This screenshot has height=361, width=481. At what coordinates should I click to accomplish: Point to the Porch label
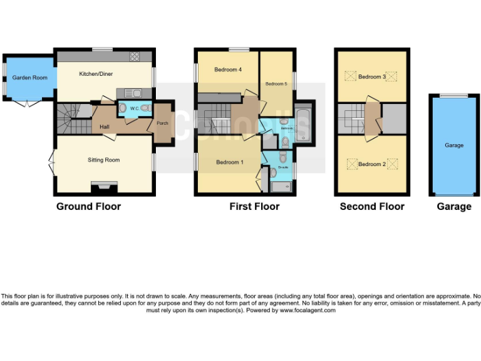[x=162, y=123]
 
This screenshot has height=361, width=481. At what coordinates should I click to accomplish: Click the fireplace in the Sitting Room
[x=103, y=186]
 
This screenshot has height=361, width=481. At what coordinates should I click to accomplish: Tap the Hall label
[x=105, y=127]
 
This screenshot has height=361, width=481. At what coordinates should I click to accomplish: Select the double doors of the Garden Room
[x=28, y=103]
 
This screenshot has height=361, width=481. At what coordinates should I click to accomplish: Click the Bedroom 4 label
[x=228, y=70]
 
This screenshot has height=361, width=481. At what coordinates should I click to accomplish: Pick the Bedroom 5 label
[x=276, y=84]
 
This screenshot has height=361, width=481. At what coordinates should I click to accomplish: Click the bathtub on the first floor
[x=304, y=124]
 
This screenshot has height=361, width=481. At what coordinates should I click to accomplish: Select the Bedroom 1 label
[x=229, y=162]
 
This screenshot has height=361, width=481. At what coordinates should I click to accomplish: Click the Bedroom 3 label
[x=371, y=77]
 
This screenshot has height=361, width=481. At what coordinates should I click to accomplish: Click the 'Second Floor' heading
[x=372, y=206]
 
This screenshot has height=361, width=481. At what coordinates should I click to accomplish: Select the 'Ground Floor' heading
[x=88, y=206]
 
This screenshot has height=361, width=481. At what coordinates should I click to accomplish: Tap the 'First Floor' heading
[x=254, y=206]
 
